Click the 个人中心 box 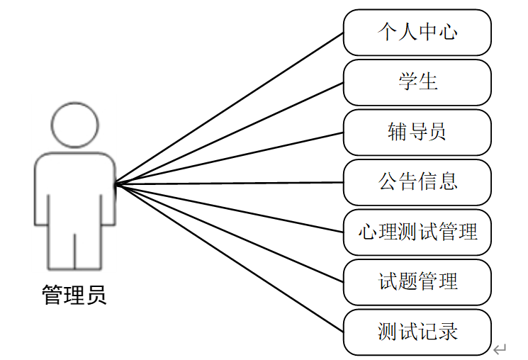point(417,33)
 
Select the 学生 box point(417,82)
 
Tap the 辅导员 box point(417,132)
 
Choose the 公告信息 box point(417,182)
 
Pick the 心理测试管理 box point(417,232)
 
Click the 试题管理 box point(417,281)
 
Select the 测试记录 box point(417,332)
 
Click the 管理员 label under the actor point(74,294)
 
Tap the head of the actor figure point(74,123)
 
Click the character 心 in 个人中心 point(448,33)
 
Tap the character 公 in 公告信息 point(387,182)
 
